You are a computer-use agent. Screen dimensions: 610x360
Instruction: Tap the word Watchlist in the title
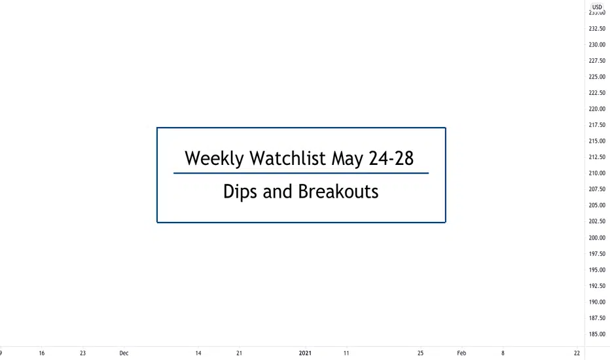click(287, 158)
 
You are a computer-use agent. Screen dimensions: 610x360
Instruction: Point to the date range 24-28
click(391, 158)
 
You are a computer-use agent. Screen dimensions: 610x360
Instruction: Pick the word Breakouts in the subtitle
click(338, 192)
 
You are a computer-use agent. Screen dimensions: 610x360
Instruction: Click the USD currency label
click(597, 7)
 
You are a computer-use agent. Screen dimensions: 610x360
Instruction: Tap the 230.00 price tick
click(597, 45)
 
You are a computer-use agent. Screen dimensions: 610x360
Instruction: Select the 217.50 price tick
click(597, 125)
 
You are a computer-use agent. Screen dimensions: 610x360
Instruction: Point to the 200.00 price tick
click(597, 238)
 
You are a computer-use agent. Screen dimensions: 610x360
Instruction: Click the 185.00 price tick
click(597, 334)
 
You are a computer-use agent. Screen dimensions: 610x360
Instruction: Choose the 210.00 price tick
click(597, 173)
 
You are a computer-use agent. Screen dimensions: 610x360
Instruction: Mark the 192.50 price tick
click(597, 286)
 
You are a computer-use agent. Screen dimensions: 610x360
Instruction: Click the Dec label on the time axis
click(124, 353)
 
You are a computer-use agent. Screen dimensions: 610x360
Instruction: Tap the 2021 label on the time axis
click(305, 353)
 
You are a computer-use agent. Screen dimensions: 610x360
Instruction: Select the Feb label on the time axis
click(461, 353)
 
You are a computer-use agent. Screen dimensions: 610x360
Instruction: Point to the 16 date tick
click(42, 353)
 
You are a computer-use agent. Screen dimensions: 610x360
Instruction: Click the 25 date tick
click(420, 353)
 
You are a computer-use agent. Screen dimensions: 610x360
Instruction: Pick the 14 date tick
click(198, 353)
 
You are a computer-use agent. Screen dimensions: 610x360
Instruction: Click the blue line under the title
click(301, 173)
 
